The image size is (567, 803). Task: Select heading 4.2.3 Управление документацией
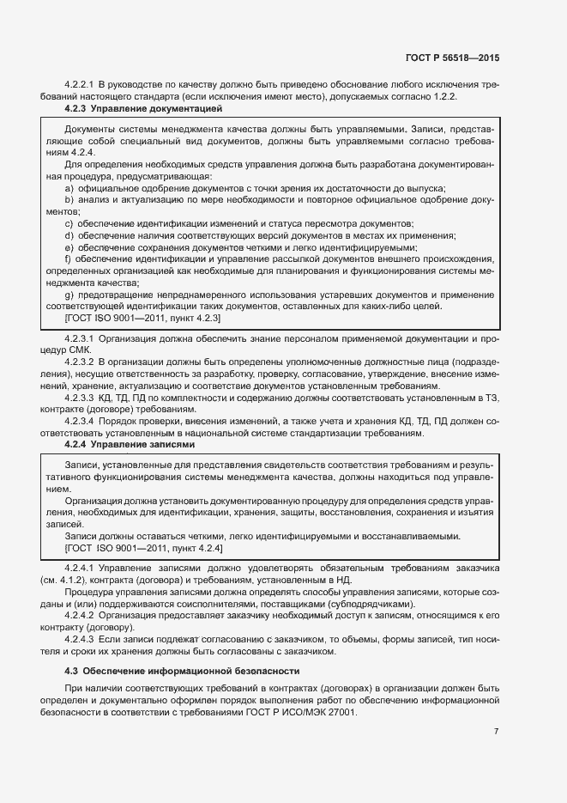143,109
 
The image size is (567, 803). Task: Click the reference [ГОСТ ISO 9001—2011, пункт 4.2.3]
143,318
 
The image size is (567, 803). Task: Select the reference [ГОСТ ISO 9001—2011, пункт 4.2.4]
143,548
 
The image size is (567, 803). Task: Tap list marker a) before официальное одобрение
69,187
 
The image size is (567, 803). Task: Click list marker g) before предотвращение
69,295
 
